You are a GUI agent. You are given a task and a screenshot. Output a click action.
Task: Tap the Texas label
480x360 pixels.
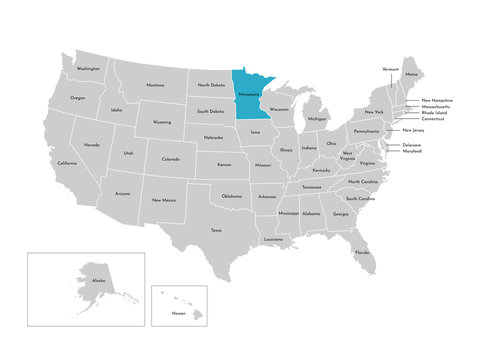(216, 230)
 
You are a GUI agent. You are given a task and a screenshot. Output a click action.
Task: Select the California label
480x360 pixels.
(67, 163)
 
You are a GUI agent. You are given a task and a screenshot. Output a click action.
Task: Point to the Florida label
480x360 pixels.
(360, 252)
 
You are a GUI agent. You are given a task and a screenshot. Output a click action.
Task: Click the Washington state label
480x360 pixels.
(88, 69)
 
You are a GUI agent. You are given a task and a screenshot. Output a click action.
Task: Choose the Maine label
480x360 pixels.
(412, 74)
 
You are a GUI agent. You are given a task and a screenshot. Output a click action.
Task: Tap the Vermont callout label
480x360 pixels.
(391, 69)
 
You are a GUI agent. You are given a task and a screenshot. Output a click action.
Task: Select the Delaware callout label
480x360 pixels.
(412, 144)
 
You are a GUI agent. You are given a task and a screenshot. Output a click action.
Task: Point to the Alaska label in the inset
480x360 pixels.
(98, 283)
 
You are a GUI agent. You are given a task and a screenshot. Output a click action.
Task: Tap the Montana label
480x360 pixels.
(155, 85)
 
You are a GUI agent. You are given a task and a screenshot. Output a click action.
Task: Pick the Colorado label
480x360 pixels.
(171, 158)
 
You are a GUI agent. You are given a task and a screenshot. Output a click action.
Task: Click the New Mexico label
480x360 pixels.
(164, 200)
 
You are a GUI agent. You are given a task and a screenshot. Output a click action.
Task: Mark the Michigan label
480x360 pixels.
(317, 119)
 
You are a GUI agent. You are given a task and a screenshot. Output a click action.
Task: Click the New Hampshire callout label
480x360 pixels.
(437, 100)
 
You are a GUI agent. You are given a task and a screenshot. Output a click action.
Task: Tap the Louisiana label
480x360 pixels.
(273, 239)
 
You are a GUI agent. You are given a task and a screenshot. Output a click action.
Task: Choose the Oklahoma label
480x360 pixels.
(232, 196)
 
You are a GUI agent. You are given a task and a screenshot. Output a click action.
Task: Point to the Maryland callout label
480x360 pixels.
(412, 151)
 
